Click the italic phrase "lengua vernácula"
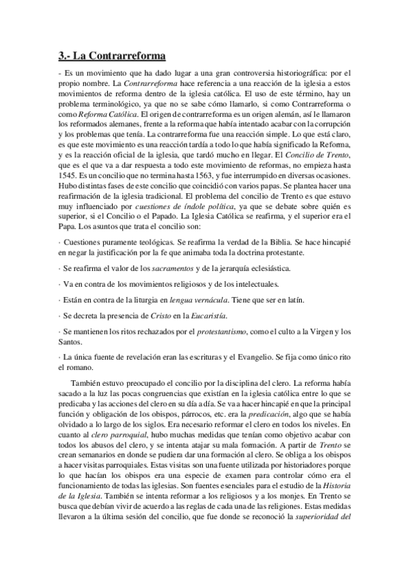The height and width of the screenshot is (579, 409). click(x=195, y=300)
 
